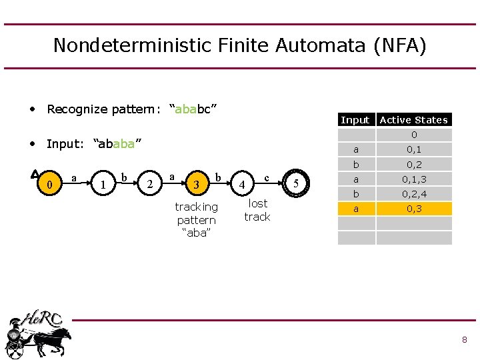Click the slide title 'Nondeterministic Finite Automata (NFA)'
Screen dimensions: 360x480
point(239,45)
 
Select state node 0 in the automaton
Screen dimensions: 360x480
point(51,183)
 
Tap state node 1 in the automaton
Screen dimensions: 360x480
point(102,183)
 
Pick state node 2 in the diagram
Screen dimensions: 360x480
point(151,183)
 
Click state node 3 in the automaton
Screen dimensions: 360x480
point(195,183)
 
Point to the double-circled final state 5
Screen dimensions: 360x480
point(296,183)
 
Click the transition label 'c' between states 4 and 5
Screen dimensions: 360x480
point(267,177)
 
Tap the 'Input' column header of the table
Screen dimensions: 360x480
point(355,120)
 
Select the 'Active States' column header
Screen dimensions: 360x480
point(413,120)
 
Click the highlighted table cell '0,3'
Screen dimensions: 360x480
point(414,209)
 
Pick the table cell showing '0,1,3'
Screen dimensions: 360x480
point(414,179)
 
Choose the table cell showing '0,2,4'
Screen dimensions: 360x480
point(414,194)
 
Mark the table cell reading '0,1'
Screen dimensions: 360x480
point(414,150)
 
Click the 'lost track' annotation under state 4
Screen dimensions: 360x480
point(257,210)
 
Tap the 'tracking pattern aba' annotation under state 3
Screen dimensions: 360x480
point(196,220)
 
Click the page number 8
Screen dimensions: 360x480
point(464,340)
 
